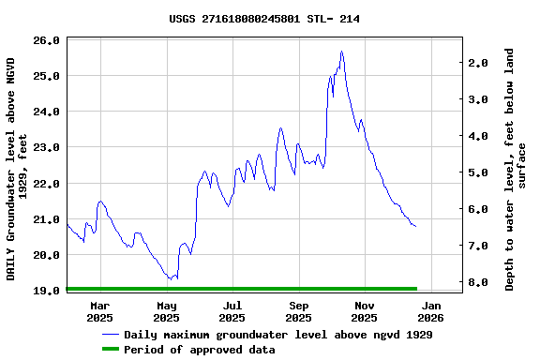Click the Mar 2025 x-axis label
[100, 311]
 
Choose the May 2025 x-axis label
[166, 311]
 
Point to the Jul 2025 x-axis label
[232, 311]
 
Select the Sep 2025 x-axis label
[298, 311]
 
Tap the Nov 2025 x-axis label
[365, 311]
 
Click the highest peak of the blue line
[341, 52]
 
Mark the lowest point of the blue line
[170, 279]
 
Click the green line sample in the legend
[111, 350]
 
